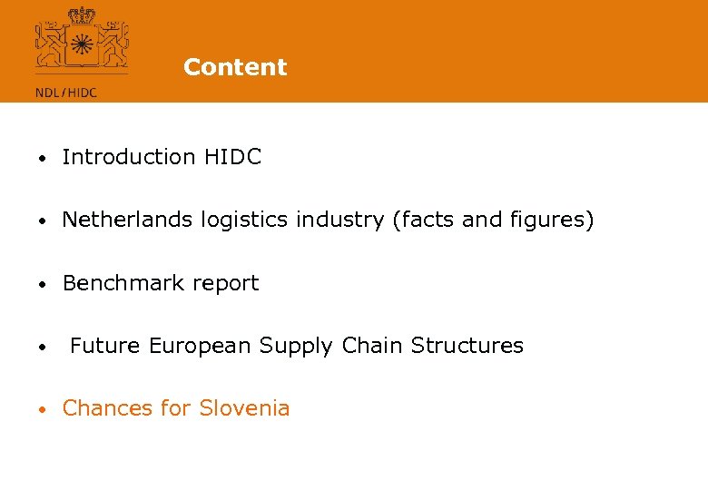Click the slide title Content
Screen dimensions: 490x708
pos(235,67)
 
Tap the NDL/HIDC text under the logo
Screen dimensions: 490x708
pos(65,91)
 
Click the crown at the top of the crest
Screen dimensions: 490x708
pos(83,15)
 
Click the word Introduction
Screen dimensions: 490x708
pos(129,157)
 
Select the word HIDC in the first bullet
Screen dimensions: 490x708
pos(232,157)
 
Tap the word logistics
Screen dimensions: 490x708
pos(234,220)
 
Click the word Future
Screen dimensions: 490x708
pos(106,346)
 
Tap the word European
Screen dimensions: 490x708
pos(201,346)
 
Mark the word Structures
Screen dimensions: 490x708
pos(467,346)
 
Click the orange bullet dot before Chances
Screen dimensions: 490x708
pos(42,409)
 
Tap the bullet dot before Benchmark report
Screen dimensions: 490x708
pos(42,284)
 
